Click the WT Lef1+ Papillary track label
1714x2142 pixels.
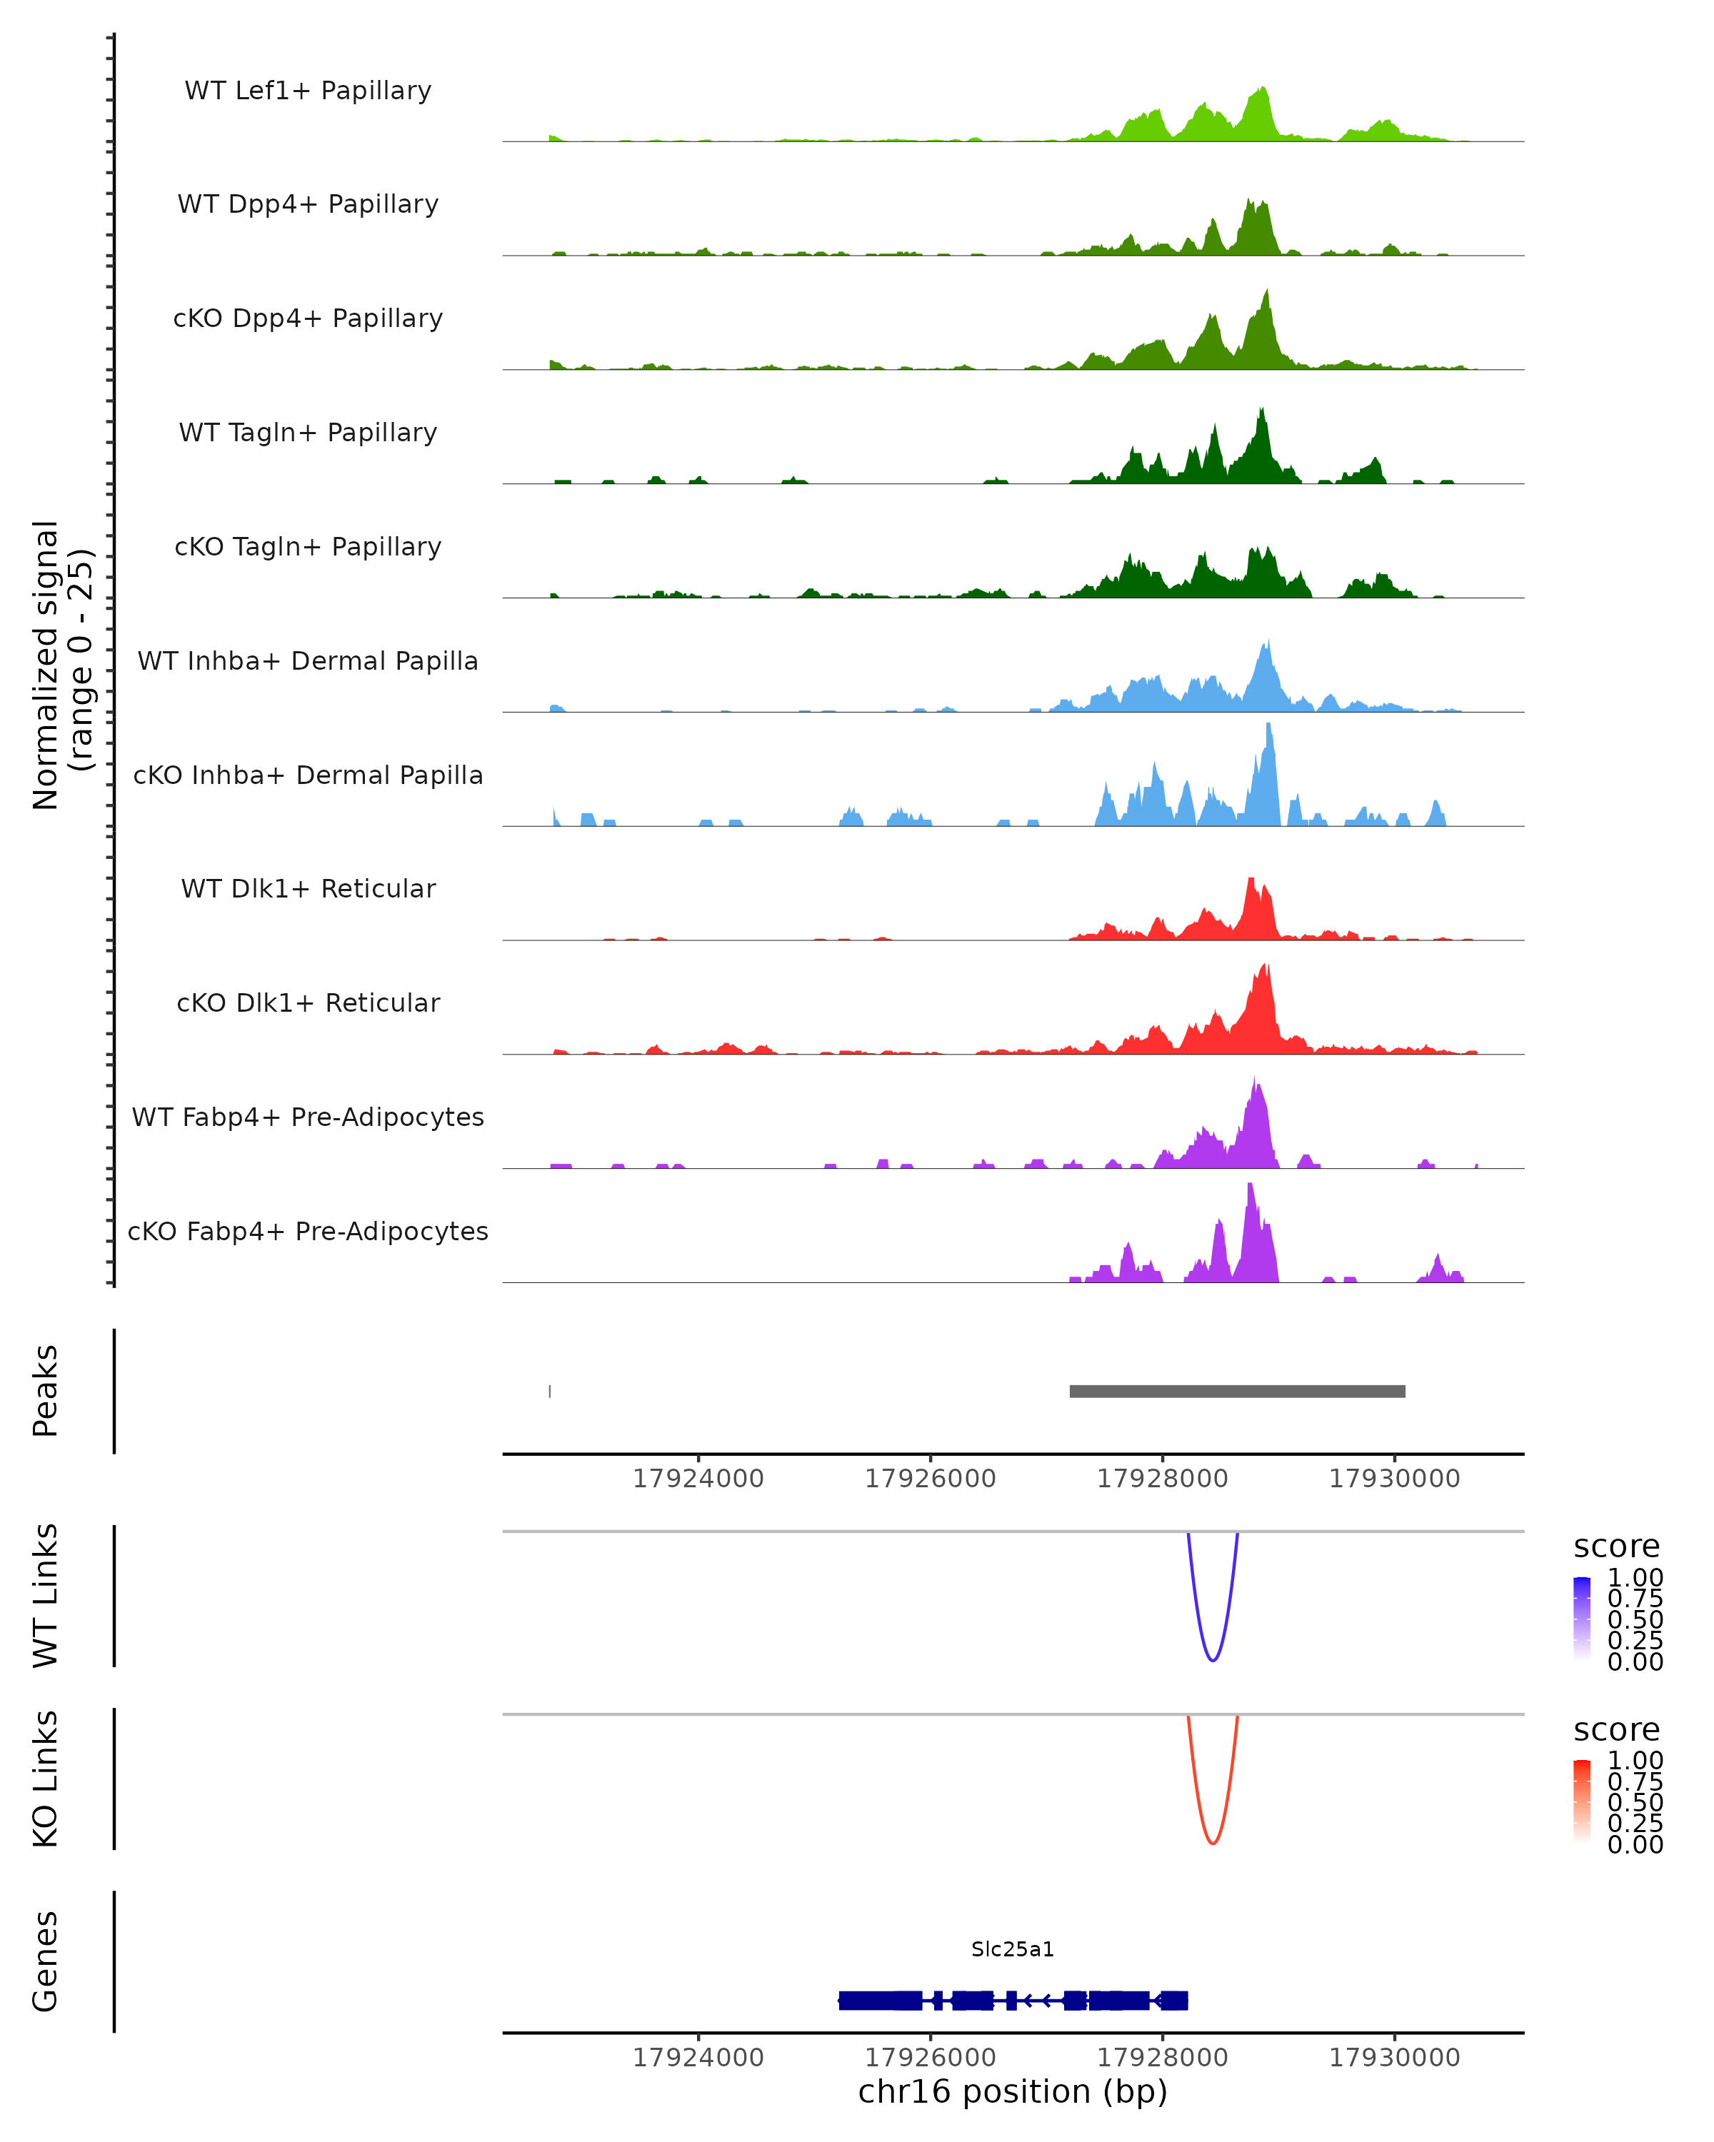coord(308,91)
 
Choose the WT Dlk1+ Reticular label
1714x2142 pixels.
coord(308,888)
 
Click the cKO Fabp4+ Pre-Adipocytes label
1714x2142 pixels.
coord(308,1231)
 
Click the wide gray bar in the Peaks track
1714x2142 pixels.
coord(1237,1391)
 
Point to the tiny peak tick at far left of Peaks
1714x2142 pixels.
coord(549,1391)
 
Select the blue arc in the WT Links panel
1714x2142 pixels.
coord(1212,1659)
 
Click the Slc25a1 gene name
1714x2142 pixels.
coord(1013,1949)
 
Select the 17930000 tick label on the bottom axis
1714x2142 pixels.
coord(1394,2058)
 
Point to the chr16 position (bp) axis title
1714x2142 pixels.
coord(1013,2091)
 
